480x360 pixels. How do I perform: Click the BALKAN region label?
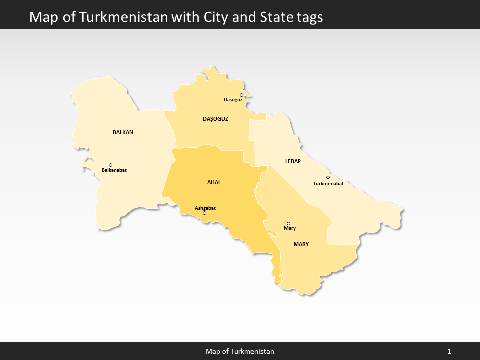123,132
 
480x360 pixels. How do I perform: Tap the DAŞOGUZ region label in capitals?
215,119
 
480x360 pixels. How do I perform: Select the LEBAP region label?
293,161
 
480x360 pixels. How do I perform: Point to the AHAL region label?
214,182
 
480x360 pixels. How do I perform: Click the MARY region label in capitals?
301,244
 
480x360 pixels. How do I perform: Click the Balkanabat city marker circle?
110,165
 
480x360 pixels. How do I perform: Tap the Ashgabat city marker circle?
204,213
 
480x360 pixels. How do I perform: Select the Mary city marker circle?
288,223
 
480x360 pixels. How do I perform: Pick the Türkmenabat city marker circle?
328,177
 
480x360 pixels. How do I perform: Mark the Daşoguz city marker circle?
241,95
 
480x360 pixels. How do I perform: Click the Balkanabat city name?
114,170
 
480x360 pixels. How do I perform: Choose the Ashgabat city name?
205,208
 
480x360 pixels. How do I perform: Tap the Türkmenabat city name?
328,183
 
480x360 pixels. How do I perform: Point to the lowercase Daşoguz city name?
233,100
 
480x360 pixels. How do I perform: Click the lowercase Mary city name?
290,228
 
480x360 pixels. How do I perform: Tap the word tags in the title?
308,17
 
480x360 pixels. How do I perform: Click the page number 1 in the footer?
449,351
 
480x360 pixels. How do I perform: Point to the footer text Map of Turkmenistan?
240,351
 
